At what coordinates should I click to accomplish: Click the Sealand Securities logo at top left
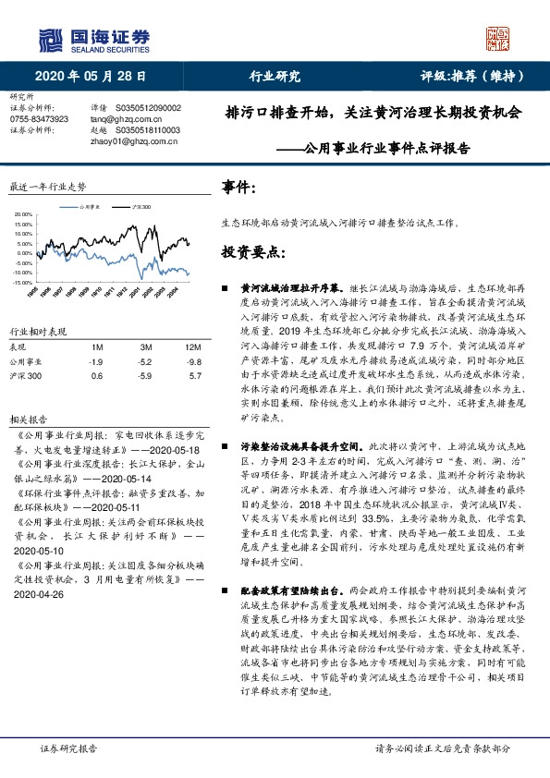92,39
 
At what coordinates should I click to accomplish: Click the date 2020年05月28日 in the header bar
91,77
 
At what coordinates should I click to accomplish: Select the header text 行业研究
275,77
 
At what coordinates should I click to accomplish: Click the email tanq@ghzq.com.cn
124,119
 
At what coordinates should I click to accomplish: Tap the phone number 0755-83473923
38,119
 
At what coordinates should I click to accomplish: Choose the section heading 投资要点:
252,251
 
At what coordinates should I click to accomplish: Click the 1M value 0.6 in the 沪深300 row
97,376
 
